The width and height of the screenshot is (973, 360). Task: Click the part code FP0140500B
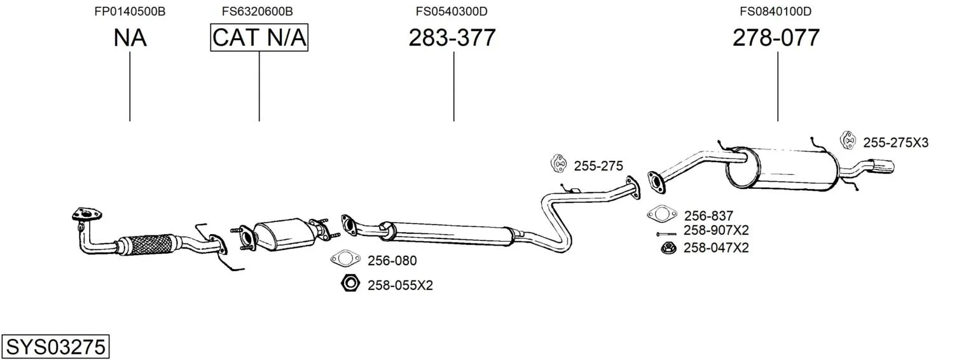pyautogui.click(x=130, y=11)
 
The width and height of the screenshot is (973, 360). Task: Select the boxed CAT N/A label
pyautogui.click(x=259, y=38)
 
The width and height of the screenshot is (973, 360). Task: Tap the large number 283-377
pyautogui.click(x=452, y=38)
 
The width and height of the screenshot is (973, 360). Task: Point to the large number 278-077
pyautogui.click(x=776, y=38)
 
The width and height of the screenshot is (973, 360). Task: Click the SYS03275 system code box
pyautogui.click(x=55, y=347)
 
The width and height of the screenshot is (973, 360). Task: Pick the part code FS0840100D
pyautogui.click(x=776, y=11)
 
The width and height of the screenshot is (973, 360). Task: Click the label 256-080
pyautogui.click(x=392, y=261)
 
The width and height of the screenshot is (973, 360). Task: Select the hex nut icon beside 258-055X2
pyautogui.click(x=350, y=283)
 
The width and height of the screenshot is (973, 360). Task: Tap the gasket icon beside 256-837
pyautogui.click(x=662, y=214)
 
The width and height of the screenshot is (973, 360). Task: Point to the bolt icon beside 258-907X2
pyautogui.click(x=666, y=234)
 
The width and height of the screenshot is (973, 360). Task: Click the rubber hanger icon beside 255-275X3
pyautogui.click(x=848, y=141)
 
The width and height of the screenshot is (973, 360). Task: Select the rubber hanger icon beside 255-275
pyautogui.click(x=558, y=163)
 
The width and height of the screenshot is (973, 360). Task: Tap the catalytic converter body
pyautogui.click(x=284, y=235)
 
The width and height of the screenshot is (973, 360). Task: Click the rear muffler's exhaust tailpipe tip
pyautogui.click(x=883, y=167)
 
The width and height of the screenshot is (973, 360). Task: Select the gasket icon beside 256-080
pyautogui.click(x=345, y=259)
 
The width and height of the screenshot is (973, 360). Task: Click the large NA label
pyautogui.click(x=130, y=38)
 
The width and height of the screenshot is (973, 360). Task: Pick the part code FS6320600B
pyautogui.click(x=258, y=11)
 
